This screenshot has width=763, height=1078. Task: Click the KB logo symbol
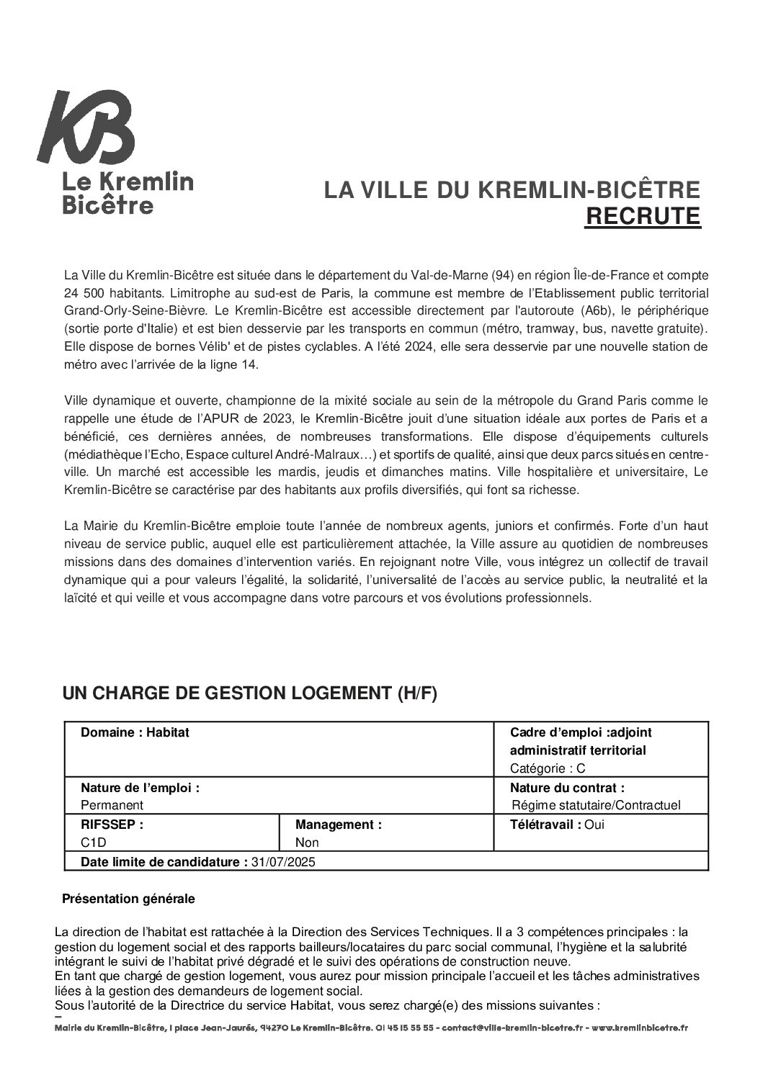[x=86, y=127]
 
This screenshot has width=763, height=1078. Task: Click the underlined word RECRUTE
[x=642, y=216]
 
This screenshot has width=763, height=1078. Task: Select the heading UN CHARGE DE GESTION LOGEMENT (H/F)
[x=249, y=693]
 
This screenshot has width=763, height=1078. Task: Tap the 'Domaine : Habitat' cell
[x=135, y=732]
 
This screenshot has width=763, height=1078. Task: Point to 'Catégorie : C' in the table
[x=547, y=768]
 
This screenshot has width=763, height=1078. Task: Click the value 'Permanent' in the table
[x=112, y=805]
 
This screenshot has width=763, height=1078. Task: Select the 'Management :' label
[x=338, y=825]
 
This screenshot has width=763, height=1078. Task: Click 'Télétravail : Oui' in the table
[x=557, y=825]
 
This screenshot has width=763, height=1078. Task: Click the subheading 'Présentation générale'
[x=128, y=899]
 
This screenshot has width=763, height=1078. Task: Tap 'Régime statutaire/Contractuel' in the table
[x=595, y=805]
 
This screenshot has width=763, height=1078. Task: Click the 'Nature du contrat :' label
[x=567, y=788]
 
